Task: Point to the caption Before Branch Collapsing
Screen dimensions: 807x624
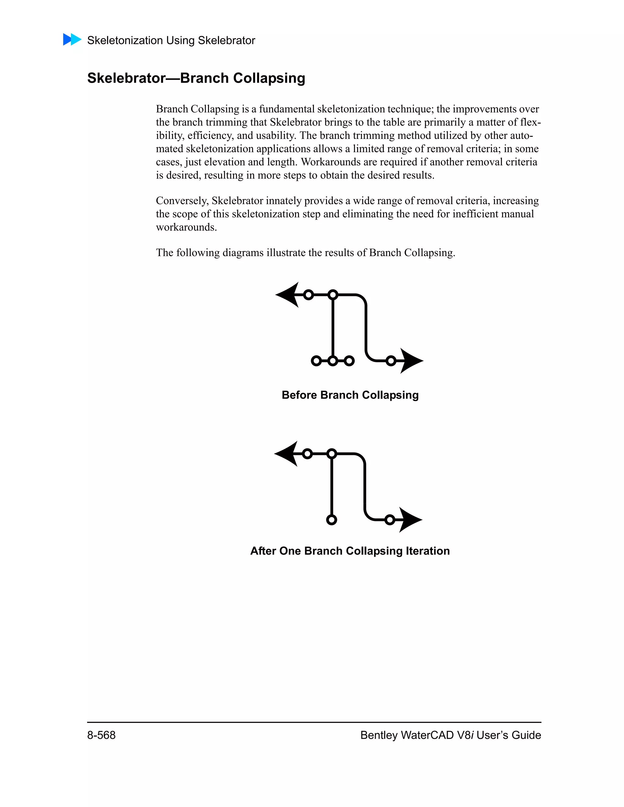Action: [350, 395]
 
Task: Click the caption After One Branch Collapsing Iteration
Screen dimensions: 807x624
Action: [350, 551]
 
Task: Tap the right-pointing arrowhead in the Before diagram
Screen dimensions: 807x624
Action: [411, 361]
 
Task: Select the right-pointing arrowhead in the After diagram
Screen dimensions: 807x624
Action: [410, 520]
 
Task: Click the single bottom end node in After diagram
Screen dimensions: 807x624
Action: [331, 520]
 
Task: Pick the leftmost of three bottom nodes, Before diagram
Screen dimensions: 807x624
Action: [316, 361]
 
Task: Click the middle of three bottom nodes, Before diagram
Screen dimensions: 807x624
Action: [333, 361]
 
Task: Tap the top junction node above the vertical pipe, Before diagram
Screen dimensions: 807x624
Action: [333, 294]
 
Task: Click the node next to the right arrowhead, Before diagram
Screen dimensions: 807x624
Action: [391, 361]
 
